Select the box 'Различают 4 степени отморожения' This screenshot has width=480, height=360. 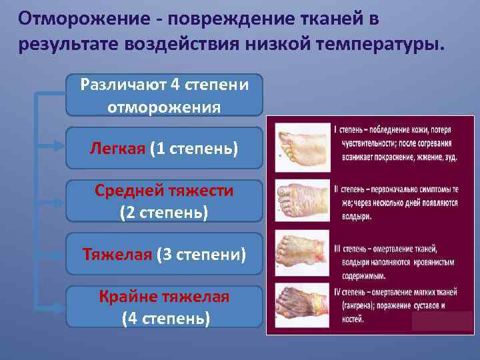click(x=164, y=95)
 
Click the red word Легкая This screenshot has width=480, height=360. click(x=117, y=148)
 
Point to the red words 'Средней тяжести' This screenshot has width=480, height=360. click(x=164, y=191)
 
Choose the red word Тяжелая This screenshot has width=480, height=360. click(x=117, y=254)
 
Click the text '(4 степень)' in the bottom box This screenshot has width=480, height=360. click(x=165, y=318)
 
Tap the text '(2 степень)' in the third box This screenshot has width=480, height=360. click(x=164, y=213)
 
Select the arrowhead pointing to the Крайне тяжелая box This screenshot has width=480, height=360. click(x=59, y=301)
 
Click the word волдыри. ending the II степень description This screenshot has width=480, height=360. click(x=353, y=216)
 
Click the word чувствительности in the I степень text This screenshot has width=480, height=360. click(x=364, y=143)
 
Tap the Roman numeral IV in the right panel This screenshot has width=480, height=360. click(x=337, y=291)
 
